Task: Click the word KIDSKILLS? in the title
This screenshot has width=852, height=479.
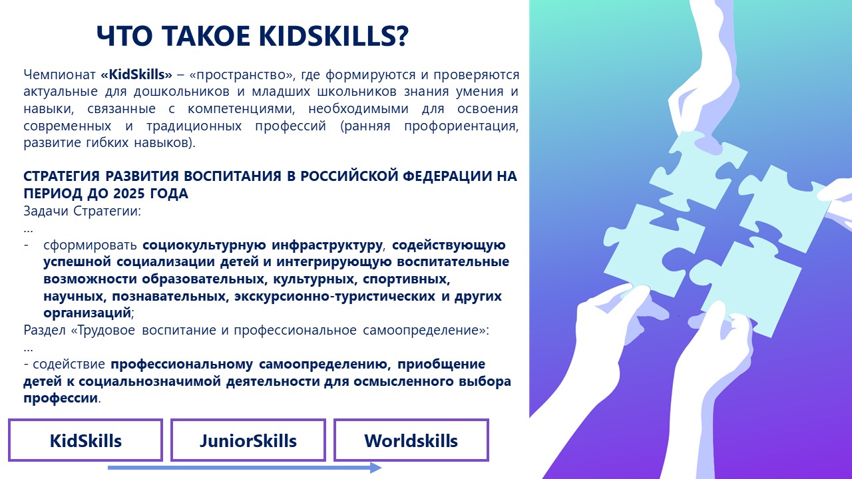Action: (x=333, y=36)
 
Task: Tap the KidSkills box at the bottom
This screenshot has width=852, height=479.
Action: (x=86, y=440)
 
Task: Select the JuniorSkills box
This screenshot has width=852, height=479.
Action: (x=248, y=440)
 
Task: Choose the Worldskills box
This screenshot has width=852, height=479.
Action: (x=411, y=440)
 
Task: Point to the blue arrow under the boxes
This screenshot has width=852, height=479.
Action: (x=244, y=468)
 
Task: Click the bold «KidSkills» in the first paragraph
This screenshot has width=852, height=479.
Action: (x=136, y=75)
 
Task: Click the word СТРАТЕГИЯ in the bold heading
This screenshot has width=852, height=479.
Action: (x=62, y=176)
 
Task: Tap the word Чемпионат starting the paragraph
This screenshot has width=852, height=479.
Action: (x=59, y=75)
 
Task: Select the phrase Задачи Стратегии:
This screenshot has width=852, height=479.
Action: (x=82, y=211)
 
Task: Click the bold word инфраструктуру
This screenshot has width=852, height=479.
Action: (x=327, y=245)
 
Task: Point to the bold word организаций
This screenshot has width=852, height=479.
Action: (x=87, y=313)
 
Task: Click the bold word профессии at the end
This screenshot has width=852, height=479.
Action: (x=61, y=399)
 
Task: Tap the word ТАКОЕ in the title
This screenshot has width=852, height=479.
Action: (x=207, y=36)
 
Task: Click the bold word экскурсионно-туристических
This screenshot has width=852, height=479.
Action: (x=335, y=296)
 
